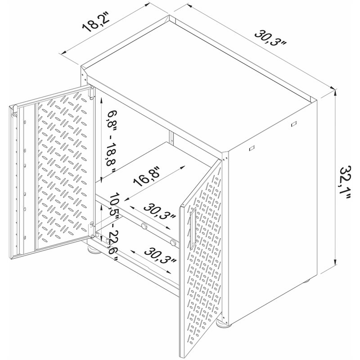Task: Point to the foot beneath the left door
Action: (x=94, y=250)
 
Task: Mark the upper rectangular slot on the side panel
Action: (x=294, y=124)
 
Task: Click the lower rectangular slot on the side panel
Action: (x=252, y=148)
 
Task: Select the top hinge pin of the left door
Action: (x=14, y=110)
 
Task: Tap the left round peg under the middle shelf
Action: (x=144, y=226)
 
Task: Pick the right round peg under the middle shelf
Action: (x=173, y=242)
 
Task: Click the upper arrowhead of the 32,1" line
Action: (x=336, y=93)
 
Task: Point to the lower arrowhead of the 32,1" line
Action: (x=336, y=262)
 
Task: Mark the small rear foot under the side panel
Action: (x=306, y=281)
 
